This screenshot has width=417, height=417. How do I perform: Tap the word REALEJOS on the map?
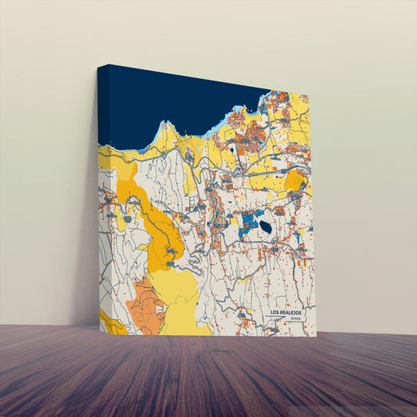(290, 312)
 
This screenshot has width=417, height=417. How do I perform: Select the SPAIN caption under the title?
(294, 319)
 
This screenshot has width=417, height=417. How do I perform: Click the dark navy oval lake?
(266, 227)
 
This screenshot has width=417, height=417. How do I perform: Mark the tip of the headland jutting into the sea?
(164, 123)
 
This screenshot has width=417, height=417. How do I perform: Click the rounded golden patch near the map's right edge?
(296, 182)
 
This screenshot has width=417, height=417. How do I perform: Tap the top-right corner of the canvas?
(308, 95)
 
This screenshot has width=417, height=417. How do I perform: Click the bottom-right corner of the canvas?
(316, 336)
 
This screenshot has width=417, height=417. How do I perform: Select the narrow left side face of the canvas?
(102, 196)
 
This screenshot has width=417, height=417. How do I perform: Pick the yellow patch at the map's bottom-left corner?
(110, 322)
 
